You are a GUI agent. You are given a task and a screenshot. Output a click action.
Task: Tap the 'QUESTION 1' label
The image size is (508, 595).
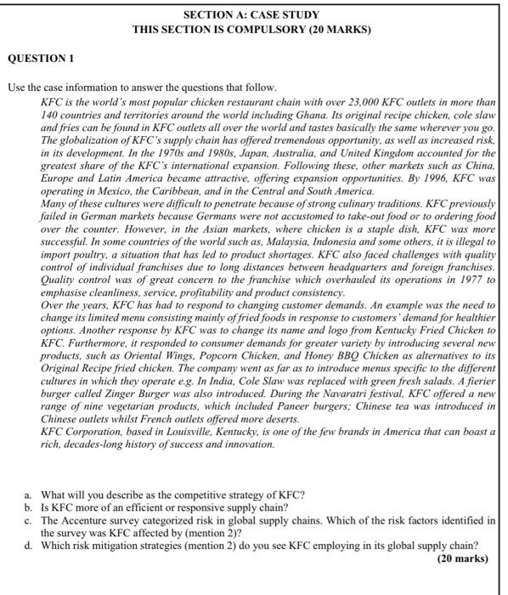click(x=41, y=59)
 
